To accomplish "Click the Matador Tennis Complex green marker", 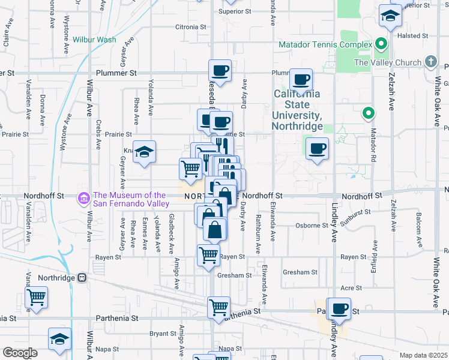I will pos(380,44).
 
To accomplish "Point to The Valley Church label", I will pos(387,62).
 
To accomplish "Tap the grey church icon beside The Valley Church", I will pos(430,62).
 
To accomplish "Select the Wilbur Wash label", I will pos(94,40).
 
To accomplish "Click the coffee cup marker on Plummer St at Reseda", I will pos(220,71).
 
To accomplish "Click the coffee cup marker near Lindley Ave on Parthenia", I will pos(339,308).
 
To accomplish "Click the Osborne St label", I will pos(312,226).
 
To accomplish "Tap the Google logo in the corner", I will pos(19,353).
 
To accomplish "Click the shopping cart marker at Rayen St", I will pos(208,255).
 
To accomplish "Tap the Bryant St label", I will pos(162,333).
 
